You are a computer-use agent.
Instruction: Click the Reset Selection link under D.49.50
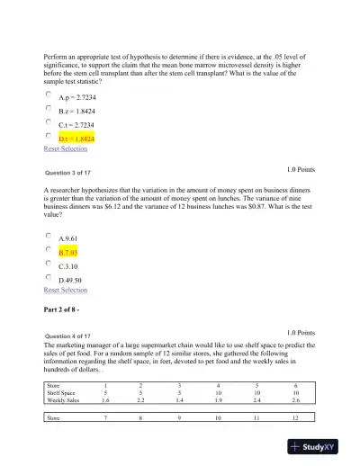click(x=66, y=291)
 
